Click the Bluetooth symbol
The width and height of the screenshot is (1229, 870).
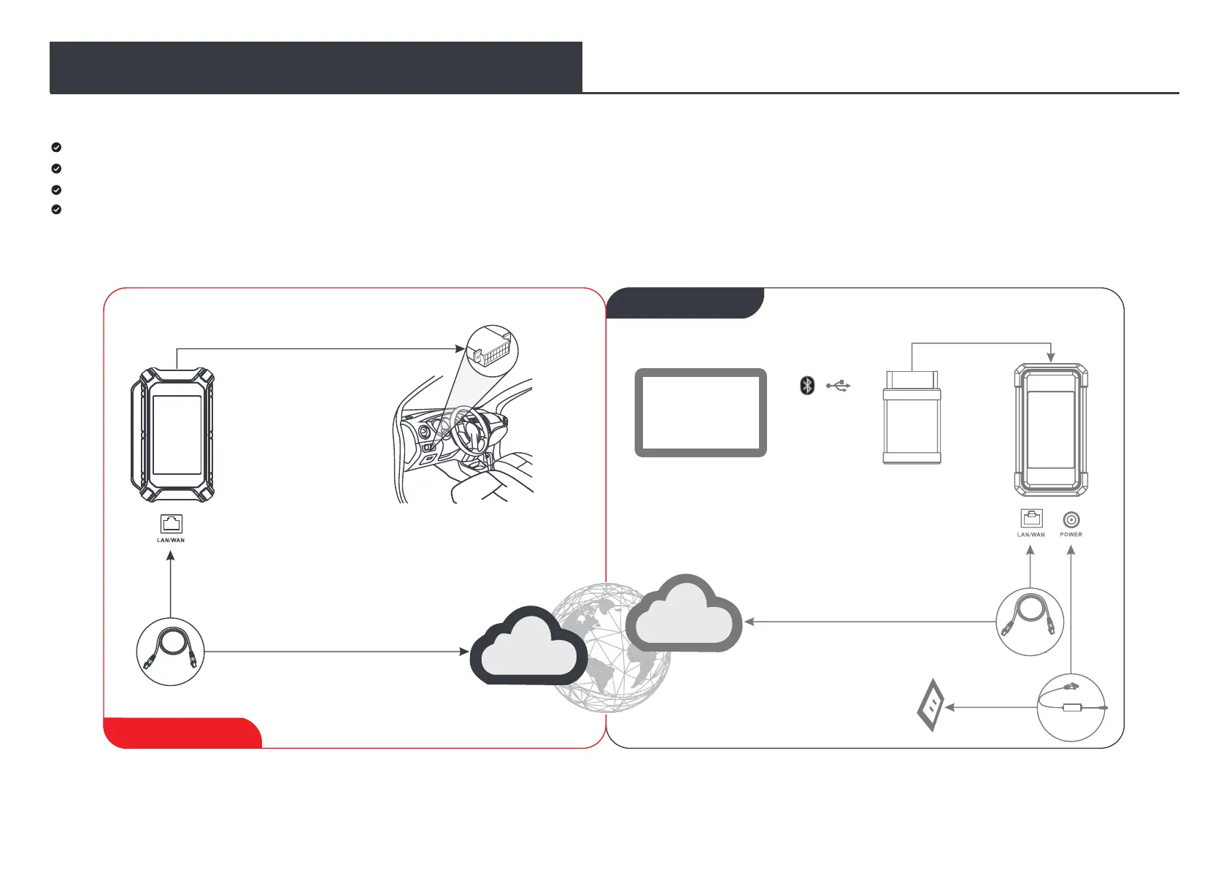click(807, 385)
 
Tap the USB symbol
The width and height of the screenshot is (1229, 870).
click(839, 385)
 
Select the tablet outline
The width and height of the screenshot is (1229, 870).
click(701, 413)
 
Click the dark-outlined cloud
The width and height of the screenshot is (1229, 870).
click(529, 647)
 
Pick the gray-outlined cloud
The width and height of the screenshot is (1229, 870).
click(685, 616)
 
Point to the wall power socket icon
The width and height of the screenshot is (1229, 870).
click(931, 706)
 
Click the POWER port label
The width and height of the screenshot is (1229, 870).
click(1071, 535)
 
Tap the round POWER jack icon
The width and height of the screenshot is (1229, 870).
click(1071, 519)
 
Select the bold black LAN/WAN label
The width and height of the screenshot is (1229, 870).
click(171, 541)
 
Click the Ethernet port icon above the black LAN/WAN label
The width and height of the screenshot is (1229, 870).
click(171, 524)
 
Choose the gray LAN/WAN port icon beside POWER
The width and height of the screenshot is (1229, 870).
click(1031, 519)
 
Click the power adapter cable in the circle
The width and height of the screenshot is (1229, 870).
click(1071, 707)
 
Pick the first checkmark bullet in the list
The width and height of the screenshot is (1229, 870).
click(57, 147)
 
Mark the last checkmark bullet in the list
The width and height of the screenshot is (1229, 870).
click(57, 210)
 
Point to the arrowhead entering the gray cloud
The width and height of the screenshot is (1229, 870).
click(748, 622)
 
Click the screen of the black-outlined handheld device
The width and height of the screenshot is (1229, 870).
click(177, 435)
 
